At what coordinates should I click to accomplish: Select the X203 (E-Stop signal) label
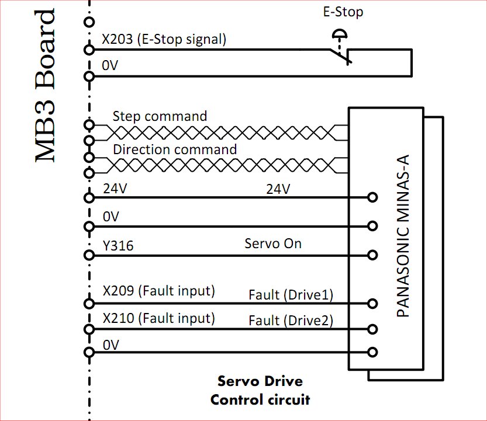pos(164,40)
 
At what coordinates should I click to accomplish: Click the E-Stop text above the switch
pos(343,12)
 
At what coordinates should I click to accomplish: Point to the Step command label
pos(160,116)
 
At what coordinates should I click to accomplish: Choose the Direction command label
pos(175,149)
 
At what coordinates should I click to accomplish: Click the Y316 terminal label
pos(118,246)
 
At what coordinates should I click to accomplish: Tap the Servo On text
pos(272,243)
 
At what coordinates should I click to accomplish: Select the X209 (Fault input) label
pos(158,291)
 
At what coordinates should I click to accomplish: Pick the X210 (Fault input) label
pos(158,319)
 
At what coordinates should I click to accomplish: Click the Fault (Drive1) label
pos(291,295)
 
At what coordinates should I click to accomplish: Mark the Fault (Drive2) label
pos(291,321)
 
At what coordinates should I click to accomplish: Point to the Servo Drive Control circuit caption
pos(260,391)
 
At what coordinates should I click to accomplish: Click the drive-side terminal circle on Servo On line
pos(372,255)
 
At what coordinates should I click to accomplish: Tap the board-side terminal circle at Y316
pos(89,255)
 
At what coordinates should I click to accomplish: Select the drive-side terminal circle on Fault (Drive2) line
pos(372,329)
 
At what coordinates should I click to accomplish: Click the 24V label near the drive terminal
pos(278,189)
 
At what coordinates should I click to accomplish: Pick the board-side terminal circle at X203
pos(89,50)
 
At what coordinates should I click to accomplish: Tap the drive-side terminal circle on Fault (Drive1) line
pos(372,304)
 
